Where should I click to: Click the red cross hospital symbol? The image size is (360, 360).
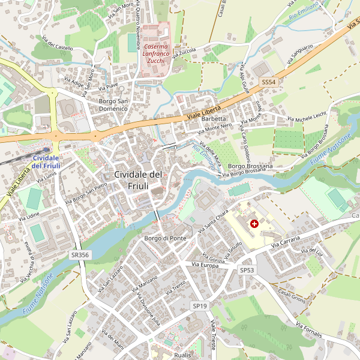254,223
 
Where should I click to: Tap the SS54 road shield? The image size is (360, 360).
268,82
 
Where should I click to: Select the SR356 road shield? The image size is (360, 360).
79,254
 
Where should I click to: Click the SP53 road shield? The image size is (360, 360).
247,271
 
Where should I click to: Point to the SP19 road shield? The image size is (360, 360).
200,306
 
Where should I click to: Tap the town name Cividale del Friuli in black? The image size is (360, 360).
138,180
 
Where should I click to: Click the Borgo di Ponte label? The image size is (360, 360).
165,238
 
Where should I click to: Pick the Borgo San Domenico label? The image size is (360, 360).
113,105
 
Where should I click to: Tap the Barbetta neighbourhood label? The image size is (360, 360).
214,119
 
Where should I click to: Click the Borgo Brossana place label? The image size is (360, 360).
250,166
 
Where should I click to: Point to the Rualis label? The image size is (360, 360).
182,355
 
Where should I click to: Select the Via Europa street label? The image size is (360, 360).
205,265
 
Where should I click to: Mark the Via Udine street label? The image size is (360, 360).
28,215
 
